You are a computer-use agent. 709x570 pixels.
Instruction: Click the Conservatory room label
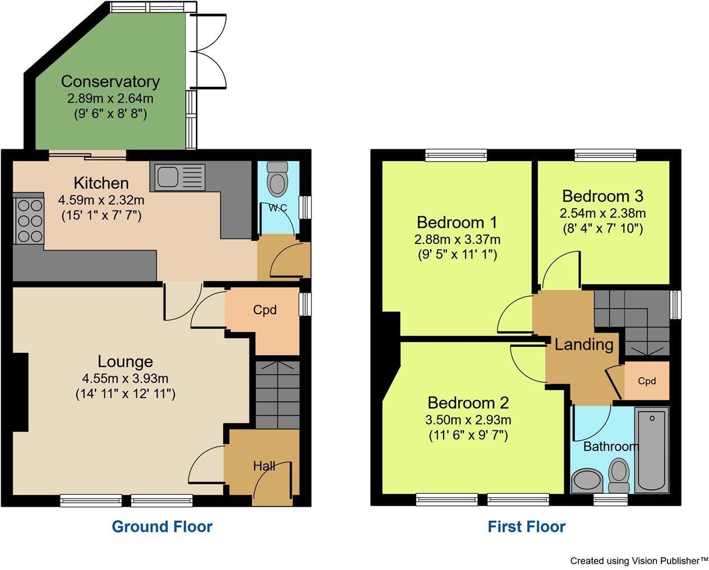point(110,81)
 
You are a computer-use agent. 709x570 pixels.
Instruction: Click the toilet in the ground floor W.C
point(277,178)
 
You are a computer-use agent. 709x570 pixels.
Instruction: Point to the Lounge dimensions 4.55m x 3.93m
point(125,378)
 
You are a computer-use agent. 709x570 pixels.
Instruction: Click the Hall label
point(264,466)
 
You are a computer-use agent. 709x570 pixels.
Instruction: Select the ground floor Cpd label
point(265,310)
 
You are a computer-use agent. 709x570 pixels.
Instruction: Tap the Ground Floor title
point(162,527)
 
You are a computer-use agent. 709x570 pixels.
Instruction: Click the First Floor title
point(526,527)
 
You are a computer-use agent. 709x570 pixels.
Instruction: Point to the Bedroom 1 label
point(457,222)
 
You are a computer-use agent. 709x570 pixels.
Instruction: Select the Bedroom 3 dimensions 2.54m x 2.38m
point(602,213)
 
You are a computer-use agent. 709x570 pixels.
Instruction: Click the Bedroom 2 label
point(468,403)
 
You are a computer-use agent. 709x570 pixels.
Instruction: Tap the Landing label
point(584,344)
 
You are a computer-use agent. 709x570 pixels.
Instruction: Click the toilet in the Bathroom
point(619,474)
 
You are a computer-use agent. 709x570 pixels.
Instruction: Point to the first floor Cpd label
point(647,381)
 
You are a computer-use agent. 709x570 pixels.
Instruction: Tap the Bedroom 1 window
point(455,155)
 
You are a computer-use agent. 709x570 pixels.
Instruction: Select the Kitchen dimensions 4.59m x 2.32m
point(101,200)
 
